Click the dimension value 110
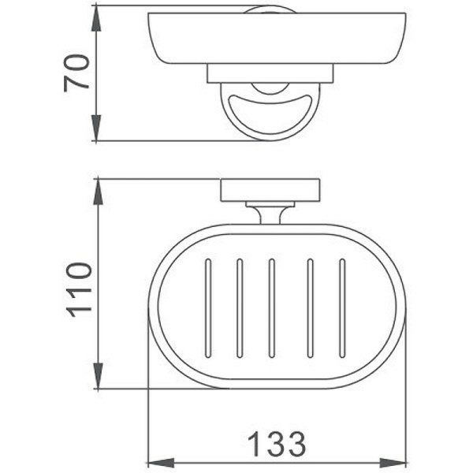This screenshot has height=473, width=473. coord(79,289)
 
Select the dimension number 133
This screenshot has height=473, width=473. coord(276,445)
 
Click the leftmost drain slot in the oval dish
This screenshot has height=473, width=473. coord(208,307)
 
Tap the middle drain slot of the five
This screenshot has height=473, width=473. coord(271,307)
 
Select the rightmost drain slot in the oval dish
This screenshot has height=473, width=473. coord(342,307)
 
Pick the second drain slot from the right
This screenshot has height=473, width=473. coord(310,307)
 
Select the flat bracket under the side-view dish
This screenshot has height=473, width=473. coord(270,73)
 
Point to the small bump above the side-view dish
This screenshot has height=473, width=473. coord(270,9)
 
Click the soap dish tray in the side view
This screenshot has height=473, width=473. coord(276,39)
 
